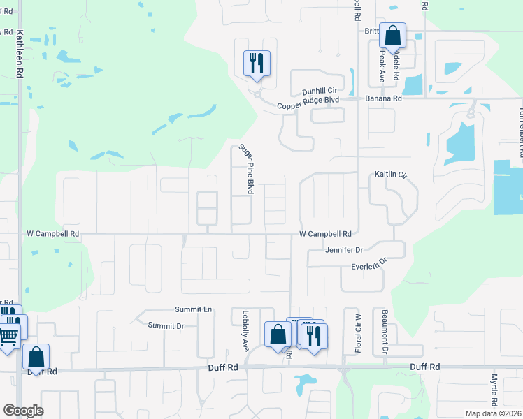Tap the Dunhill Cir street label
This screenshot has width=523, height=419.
click(x=320, y=91)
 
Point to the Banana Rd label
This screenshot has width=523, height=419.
click(x=383, y=99)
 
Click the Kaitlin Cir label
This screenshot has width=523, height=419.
click(x=390, y=174)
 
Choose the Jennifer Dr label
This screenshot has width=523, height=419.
click(x=344, y=249)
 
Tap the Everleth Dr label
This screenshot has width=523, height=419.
click(x=368, y=265)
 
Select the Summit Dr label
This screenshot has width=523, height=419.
click(x=166, y=325)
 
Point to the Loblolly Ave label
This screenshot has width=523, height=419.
click(x=245, y=330)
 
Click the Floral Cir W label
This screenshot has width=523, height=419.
click(x=358, y=332)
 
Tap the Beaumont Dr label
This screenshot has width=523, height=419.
click(x=384, y=332)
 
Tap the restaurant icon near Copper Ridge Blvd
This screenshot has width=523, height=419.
click(x=256, y=64)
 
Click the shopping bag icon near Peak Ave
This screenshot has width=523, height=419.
click(x=392, y=35)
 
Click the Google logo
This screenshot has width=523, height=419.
click(x=23, y=411)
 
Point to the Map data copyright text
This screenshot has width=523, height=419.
click(x=494, y=413)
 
